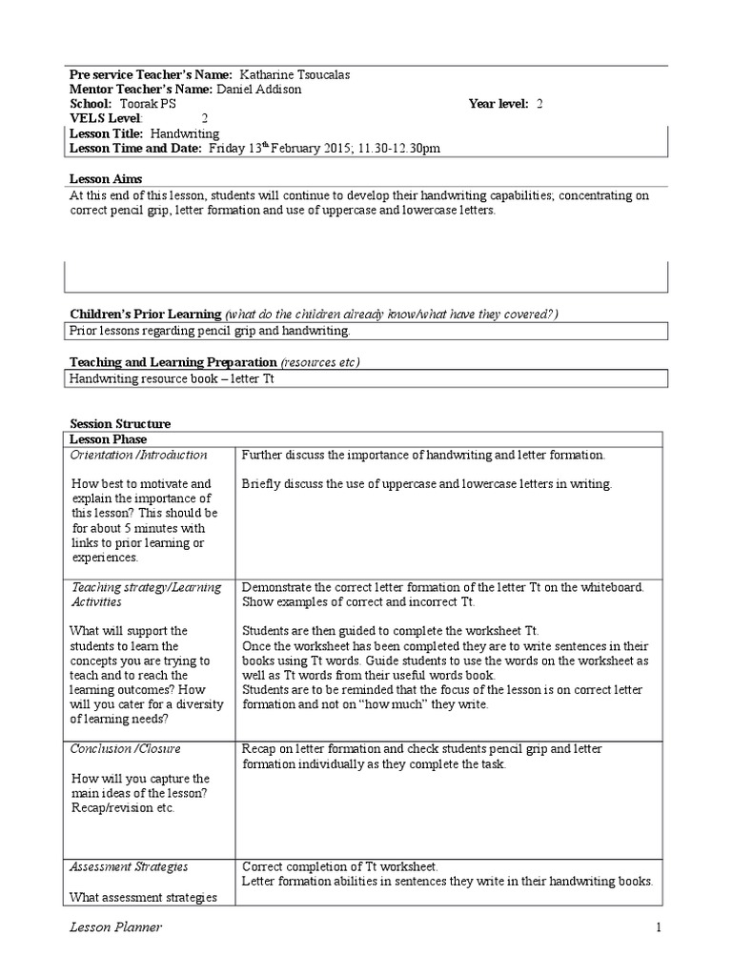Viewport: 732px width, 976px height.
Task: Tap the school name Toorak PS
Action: pyautogui.click(x=147, y=104)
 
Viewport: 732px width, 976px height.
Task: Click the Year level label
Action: pyautogui.click(x=499, y=104)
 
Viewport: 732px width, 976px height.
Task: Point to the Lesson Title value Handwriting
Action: pyautogui.click(x=185, y=134)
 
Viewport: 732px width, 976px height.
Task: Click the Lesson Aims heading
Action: pyautogui.click(x=107, y=178)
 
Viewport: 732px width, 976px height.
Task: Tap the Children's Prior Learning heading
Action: pyautogui.click(x=146, y=315)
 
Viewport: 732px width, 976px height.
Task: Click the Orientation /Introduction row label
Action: pyautogui.click(x=139, y=455)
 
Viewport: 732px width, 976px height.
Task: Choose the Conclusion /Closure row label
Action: pyautogui.click(x=126, y=748)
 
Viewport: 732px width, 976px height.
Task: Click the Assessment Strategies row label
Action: pyautogui.click(x=130, y=866)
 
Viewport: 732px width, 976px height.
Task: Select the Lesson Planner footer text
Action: pyautogui.click(x=114, y=928)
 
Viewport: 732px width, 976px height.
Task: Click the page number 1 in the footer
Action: pyautogui.click(x=658, y=928)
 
